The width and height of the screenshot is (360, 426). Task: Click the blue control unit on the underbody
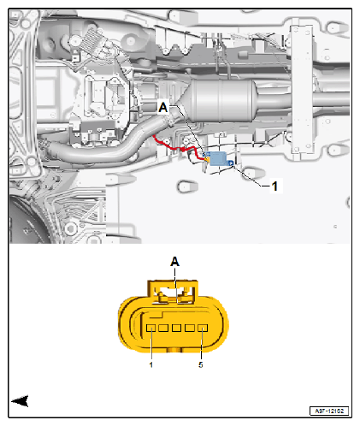[221, 158]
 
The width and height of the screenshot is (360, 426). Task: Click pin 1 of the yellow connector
[151, 327]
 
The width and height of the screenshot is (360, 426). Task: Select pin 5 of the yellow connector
[201, 327]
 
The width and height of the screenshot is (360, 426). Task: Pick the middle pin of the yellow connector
[176, 327]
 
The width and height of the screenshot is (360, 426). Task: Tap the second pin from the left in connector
[164, 327]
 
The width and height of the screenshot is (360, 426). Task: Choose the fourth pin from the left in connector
[189, 327]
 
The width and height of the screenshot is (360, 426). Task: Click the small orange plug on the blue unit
[207, 157]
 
